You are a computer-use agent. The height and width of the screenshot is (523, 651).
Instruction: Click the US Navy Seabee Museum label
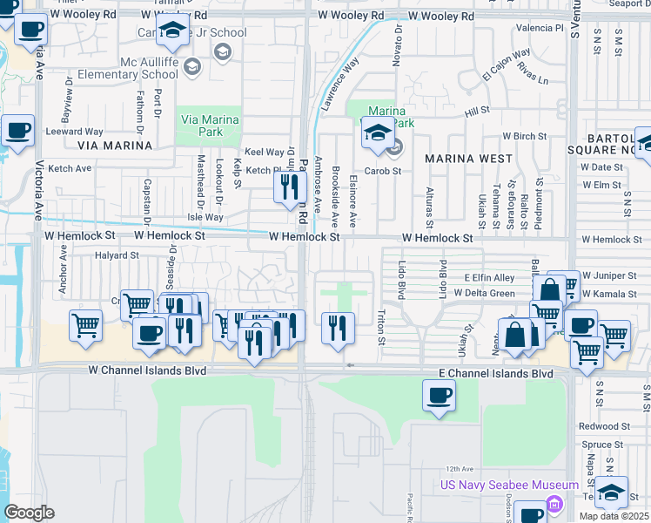[x=509, y=485]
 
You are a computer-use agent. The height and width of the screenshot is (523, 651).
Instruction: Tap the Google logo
[x=29, y=513]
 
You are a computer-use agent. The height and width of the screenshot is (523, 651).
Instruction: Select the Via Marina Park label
[x=201, y=126]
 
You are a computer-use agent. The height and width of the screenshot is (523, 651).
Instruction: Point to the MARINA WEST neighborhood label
[x=468, y=159]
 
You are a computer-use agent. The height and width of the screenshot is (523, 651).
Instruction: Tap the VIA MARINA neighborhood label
[x=114, y=146]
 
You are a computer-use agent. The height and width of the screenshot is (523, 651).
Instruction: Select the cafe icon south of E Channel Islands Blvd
[x=439, y=396]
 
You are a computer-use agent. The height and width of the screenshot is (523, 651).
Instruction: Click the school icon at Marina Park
[x=377, y=134]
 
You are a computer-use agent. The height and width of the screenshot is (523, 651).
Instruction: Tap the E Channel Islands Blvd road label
[x=494, y=373]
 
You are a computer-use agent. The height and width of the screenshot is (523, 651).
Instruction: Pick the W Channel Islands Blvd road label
[x=147, y=370]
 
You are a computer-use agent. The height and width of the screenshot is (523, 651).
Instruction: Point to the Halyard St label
[x=117, y=255]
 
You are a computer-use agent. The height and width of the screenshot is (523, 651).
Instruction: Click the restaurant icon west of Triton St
[x=337, y=327]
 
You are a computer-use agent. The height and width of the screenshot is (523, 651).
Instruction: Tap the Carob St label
[x=382, y=171]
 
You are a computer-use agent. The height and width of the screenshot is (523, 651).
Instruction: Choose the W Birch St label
[x=524, y=137]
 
